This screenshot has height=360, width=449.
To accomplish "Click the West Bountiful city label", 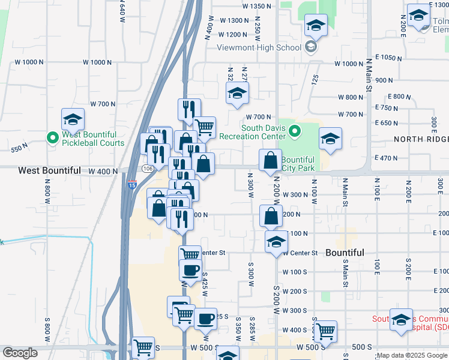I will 49,170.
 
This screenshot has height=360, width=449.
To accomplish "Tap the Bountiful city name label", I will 345,253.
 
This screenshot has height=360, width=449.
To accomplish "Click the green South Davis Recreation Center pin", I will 295,130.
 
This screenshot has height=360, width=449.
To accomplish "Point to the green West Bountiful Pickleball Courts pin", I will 53,137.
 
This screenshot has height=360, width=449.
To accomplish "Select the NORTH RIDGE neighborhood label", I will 421,139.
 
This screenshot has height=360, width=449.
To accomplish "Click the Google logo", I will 20,353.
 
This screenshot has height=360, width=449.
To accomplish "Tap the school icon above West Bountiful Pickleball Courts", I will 73,119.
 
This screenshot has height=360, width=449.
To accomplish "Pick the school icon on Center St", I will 276,242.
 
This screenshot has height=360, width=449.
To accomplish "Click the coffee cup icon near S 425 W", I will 190,270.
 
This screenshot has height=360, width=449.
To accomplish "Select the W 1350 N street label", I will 256,6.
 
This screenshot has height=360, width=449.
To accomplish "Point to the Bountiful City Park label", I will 298,164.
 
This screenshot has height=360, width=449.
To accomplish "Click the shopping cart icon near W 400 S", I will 325,331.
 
